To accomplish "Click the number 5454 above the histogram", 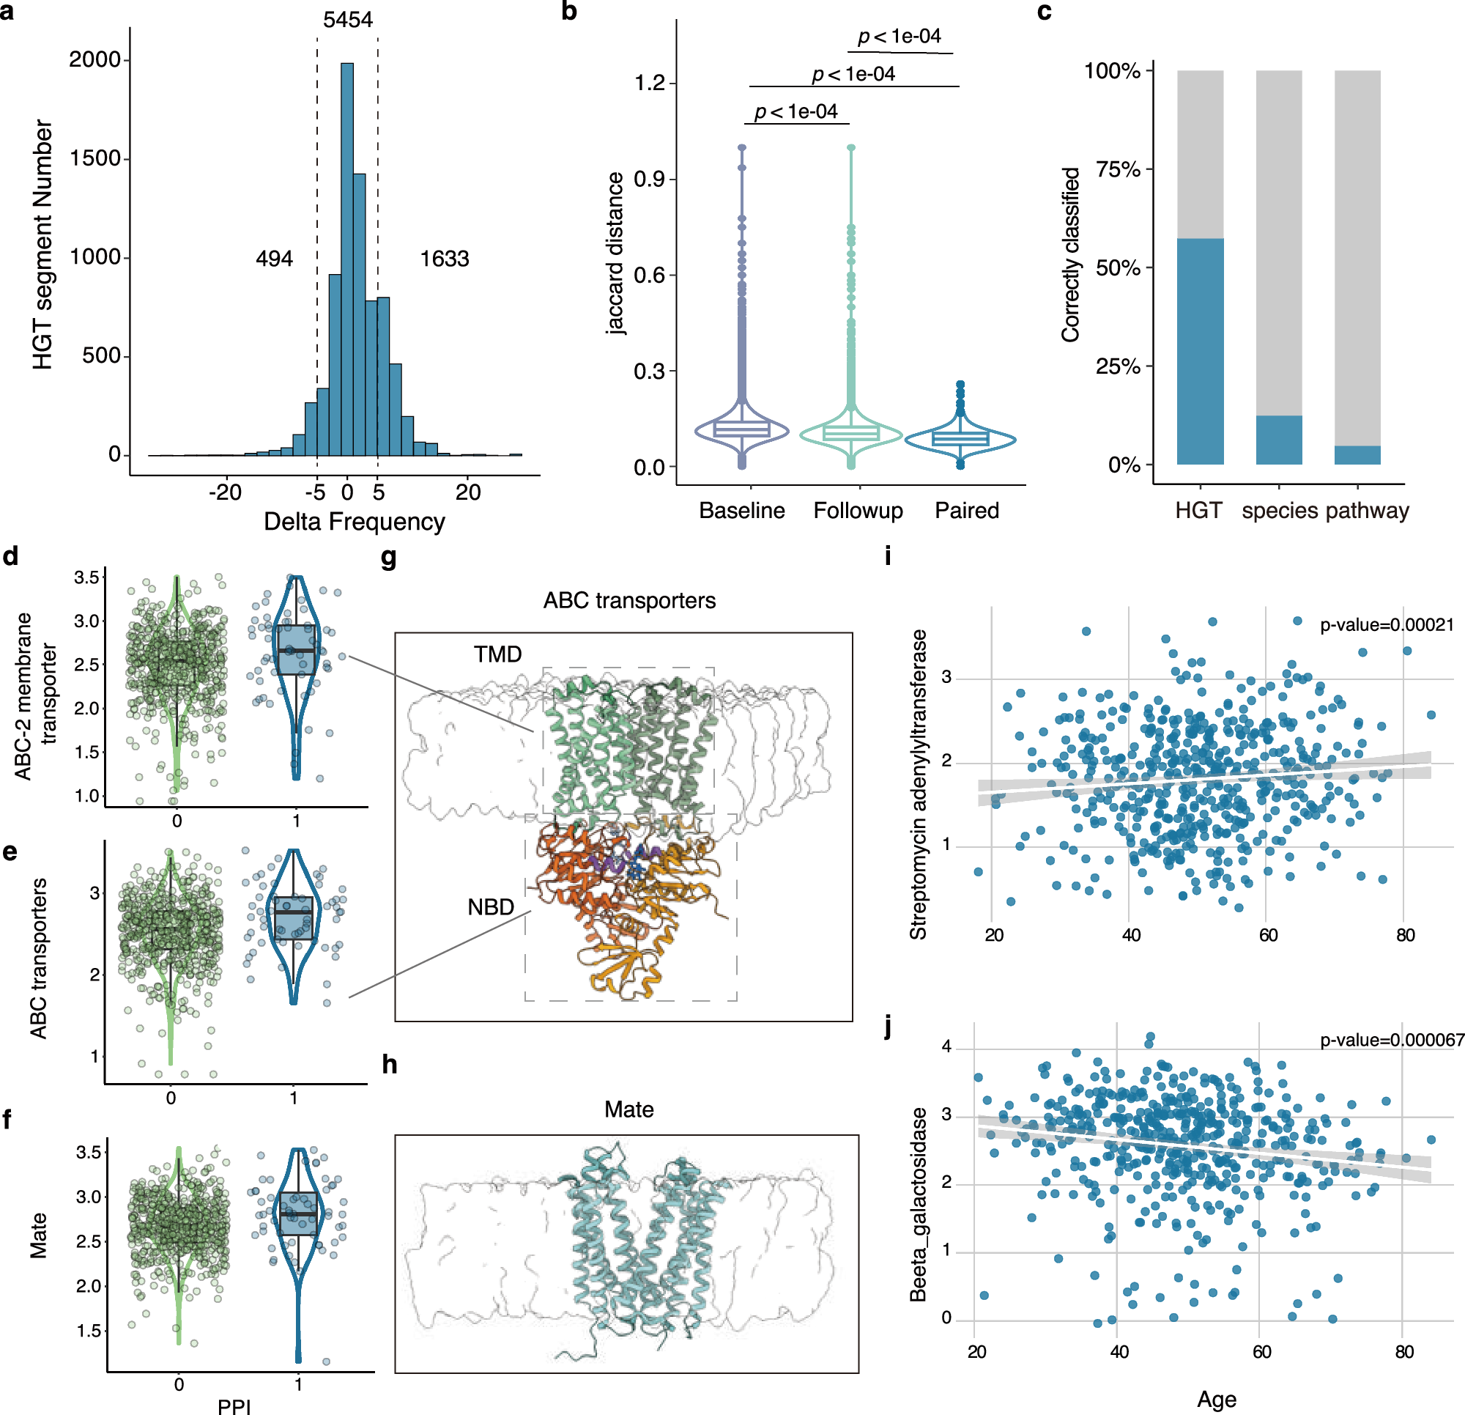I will pyautogui.click(x=347, y=20).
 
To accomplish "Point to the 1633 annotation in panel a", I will pyautogui.click(x=444, y=259).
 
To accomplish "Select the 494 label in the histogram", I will pyautogui.click(x=274, y=259).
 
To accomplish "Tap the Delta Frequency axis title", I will pyautogui.click(x=355, y=521).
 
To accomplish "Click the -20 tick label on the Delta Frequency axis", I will pyautogui.click(x=225, y=492).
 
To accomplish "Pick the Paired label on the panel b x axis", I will pyautogui.click(x=966, y=510).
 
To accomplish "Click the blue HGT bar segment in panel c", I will pyautogui.click(x=1200, y=352).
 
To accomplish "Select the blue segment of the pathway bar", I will pyautogui.click(x=1357, y=455).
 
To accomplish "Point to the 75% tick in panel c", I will pyautogui.click(x=1119, y=170).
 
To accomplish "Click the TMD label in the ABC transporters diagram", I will pyautogui.click(x=497, y=654).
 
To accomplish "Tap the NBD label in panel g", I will pyautogui.click(x=490, y=907).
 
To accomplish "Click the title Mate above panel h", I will pyautogui.click(x=628, y=1109).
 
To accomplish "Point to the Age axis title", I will pyautogui.click(x=1216, y=1399).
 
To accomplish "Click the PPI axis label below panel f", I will pyautogui.click(x=234, y=1405).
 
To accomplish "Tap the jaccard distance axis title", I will pyautogui.click(x=615, y=253).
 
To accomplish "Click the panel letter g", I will pyautogui.click(x=389, y=557).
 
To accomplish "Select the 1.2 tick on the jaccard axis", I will pyautogui.click(x=649, y=82).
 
